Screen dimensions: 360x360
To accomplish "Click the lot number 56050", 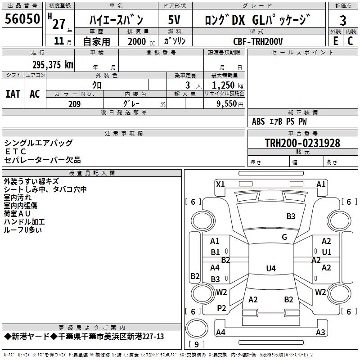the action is tap(22, 18).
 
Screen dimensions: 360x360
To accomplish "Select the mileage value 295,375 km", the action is tap(53, 65).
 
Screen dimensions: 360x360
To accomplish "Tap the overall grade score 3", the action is tap(343, 20).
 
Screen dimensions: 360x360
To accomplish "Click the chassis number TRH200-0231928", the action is tap(302, 143).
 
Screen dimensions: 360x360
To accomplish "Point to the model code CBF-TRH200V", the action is tap(258, 41).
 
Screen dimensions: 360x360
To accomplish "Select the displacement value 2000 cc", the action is tap(141, 41).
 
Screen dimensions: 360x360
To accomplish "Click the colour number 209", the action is tap(74, 104).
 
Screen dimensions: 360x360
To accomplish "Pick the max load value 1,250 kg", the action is tap(228, 85).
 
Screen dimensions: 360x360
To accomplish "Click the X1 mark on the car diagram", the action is tap(220, 184).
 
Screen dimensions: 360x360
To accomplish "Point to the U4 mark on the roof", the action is tap(271, 268).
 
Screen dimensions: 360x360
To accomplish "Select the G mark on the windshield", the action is tap(284, 237).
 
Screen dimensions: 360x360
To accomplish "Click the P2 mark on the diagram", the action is tap(221, 308).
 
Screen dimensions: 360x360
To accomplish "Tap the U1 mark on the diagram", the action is tap(327, 252).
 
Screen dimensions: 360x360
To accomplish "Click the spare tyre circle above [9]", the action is tap(197, 328).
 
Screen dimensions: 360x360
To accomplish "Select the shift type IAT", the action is tap(13, 94).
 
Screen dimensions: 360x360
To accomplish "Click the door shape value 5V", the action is tap(174, 20).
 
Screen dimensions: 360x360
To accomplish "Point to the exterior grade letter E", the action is tap(336, 41).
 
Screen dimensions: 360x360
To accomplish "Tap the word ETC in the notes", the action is tap(16, 152).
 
